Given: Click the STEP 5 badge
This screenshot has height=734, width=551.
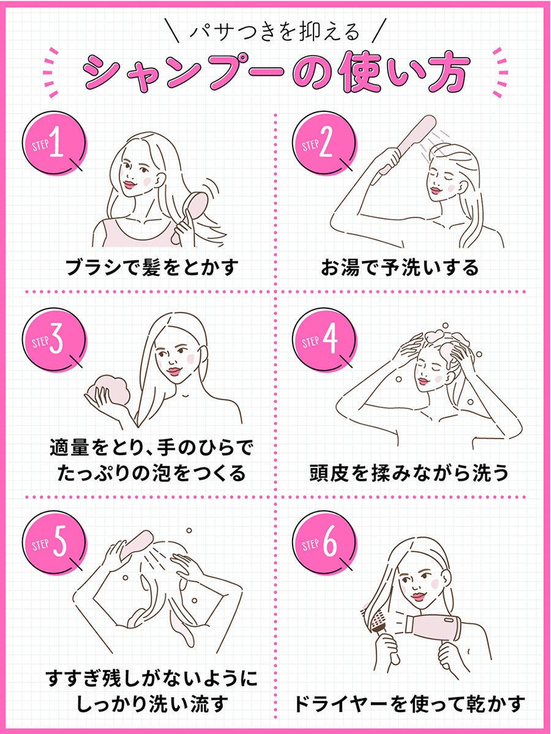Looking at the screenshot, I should coord(54,541).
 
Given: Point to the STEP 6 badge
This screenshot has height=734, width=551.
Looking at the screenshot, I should coord(324,541).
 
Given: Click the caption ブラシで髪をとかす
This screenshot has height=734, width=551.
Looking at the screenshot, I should coord(151,267).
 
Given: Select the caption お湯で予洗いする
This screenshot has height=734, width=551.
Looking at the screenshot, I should coord(400,267).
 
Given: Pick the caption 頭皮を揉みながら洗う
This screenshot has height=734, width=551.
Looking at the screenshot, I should coord(409,473).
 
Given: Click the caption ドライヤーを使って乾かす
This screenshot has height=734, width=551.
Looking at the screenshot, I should coord(409,704).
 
